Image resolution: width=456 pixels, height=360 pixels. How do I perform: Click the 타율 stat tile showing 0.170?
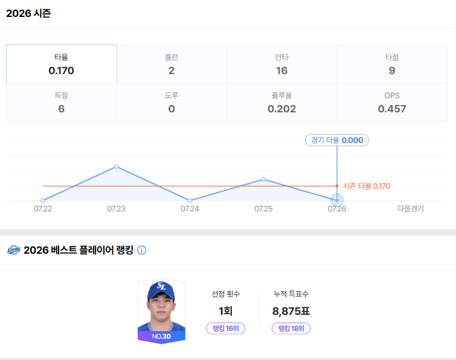pos(62,64)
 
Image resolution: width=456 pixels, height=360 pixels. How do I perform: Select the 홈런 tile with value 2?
pos(172,64)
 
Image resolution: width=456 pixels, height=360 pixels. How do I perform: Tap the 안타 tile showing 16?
pos(282,64)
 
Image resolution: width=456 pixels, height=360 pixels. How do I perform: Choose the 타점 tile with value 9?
pos(392,64)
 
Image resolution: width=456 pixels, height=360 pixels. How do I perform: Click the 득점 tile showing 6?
pos(62,102)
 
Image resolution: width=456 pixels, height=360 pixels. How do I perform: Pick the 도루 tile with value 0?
pos(172,102)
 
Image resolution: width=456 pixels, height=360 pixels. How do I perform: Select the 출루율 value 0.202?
pos(282,109)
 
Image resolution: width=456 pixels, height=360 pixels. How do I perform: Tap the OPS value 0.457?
pos(392,109)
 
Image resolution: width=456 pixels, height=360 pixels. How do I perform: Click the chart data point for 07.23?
pos(117,166)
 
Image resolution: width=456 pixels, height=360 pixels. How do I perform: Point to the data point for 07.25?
pos(263,179)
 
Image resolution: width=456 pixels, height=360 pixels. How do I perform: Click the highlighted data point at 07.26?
pos(337,200)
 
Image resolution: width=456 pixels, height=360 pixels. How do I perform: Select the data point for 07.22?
pos(43,201)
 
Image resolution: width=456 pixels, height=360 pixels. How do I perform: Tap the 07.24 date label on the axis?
pos(190,209)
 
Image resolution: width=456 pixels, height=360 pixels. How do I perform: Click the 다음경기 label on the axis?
pos(411,209)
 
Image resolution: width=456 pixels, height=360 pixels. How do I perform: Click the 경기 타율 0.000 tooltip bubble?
pos(337,140)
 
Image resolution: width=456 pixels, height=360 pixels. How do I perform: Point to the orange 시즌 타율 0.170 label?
pos(367,186)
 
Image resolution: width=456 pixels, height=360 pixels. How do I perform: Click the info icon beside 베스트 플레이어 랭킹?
pos(141,250)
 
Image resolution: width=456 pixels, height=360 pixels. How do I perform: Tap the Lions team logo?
pos(14,250)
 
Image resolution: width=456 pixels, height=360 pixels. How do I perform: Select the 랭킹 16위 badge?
pos(226,329)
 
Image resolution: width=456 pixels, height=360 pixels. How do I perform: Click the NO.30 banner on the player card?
pos(161,336)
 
